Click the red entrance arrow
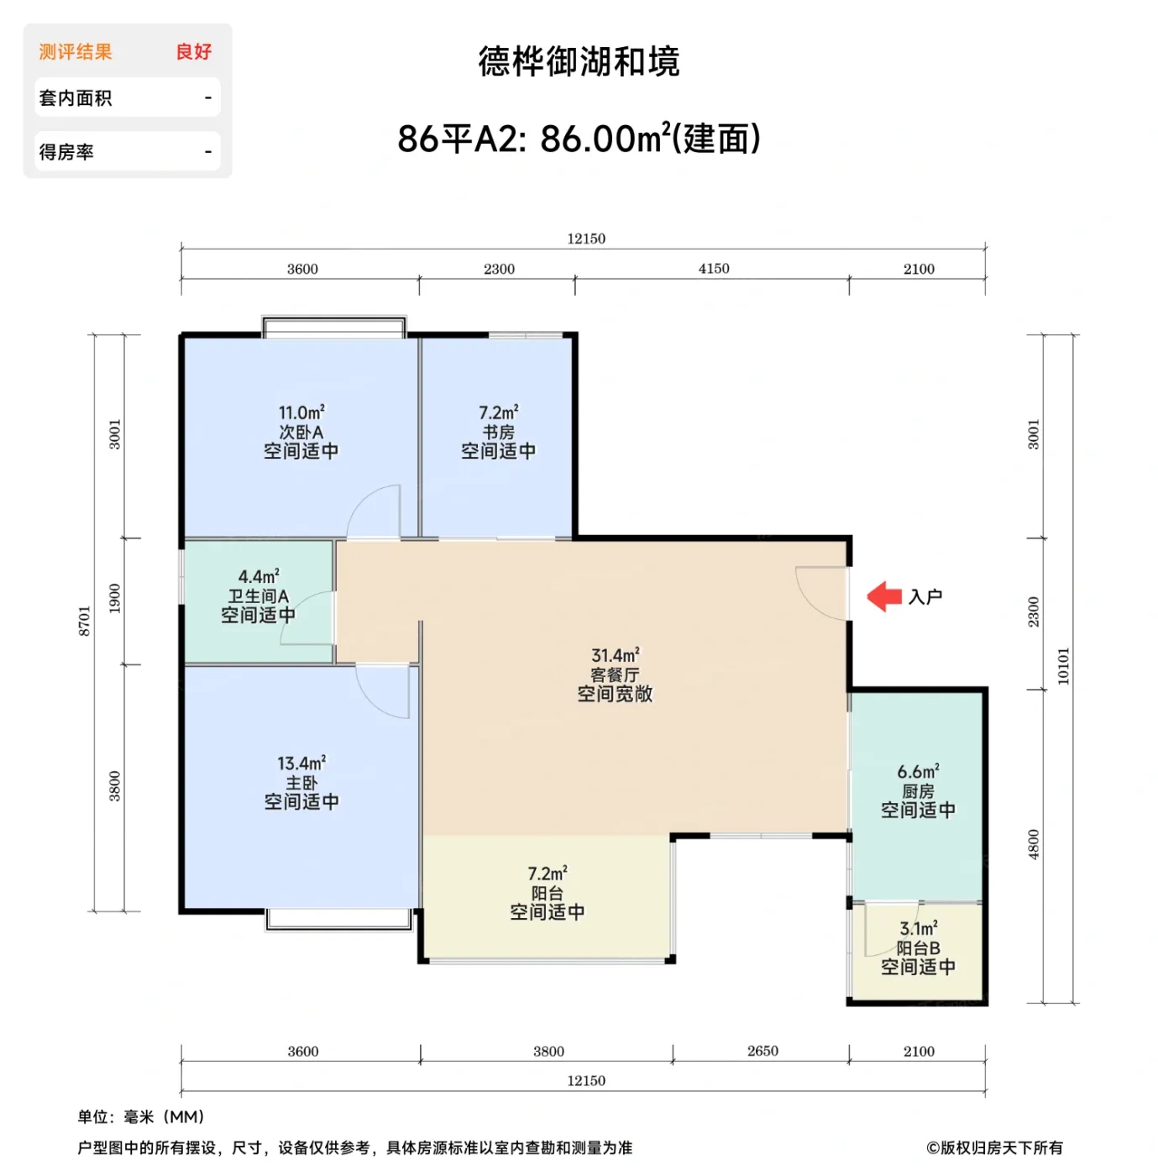click(883, 596)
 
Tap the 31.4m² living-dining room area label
click(615, 655)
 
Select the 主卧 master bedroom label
click(301, 783)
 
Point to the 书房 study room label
click(498, 432)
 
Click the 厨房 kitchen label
click(918, 791)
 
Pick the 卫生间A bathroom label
click(259, 596)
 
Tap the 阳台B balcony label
click(918, 948)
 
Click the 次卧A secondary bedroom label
click(301, 432)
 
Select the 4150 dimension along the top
click(714, 269)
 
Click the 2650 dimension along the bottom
click(762, 1051)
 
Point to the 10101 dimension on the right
click(1064, 666)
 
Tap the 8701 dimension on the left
click(85, 621)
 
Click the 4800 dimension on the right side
click(1034, 844)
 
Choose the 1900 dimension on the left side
click(115, 598)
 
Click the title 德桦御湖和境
click(579, 62)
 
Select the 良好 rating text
click(194, 52)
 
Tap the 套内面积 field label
click(76, 98)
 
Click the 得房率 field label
click(66, 152)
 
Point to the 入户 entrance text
click(925, 596)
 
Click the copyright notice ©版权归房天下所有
click(994, 1147)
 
